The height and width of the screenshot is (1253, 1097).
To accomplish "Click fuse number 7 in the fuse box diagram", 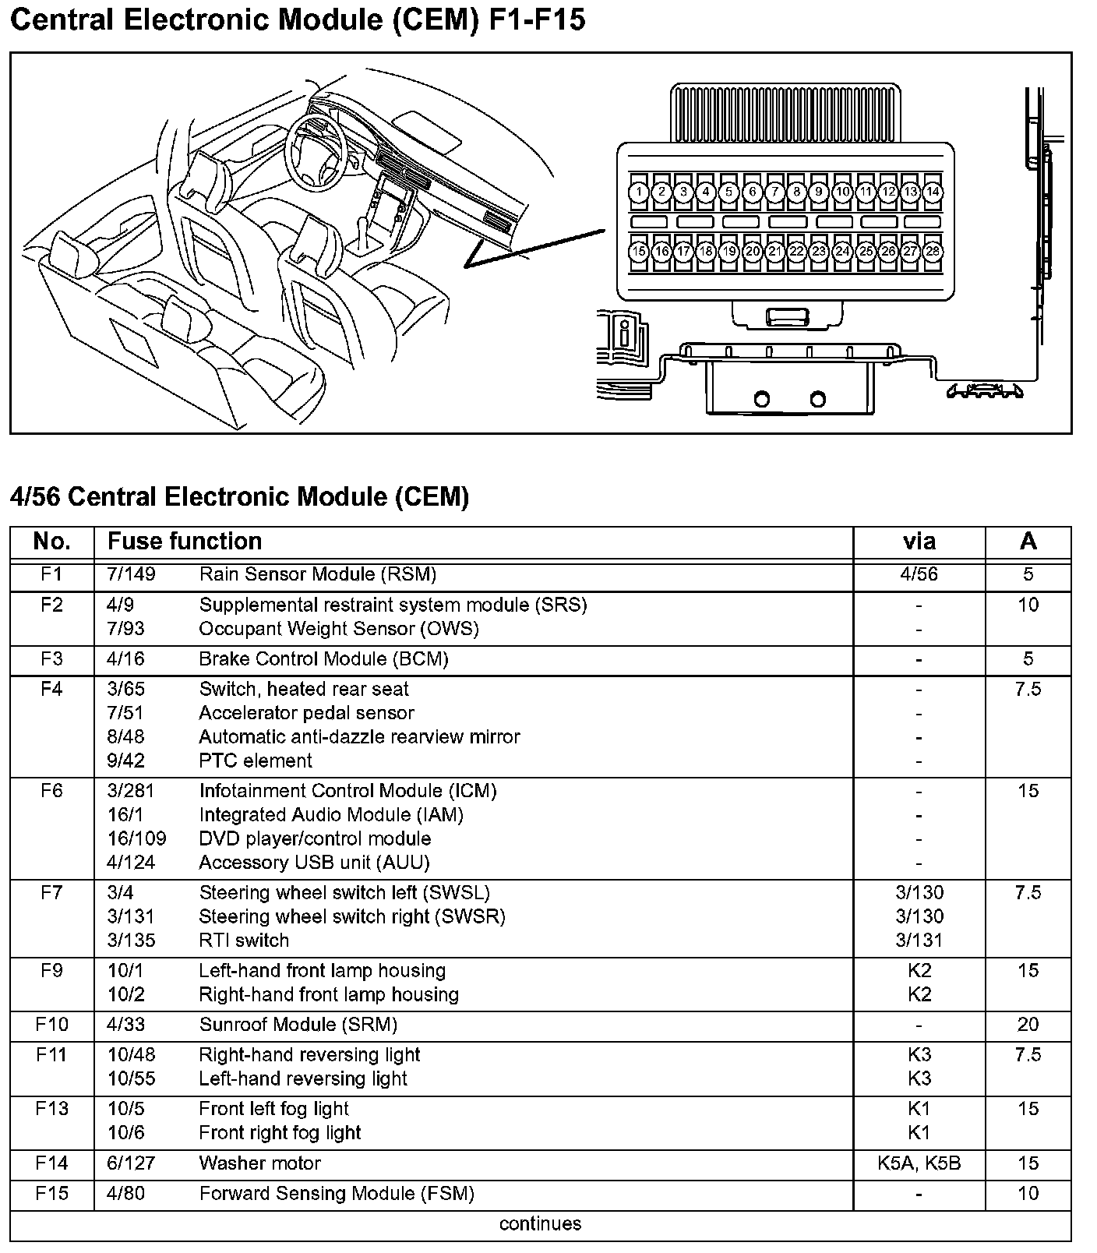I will point(774,192).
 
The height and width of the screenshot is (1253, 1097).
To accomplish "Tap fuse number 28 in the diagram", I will point(933,252).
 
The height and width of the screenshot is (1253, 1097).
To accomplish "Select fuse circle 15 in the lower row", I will point(639,252).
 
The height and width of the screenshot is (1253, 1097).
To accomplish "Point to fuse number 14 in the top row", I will point(933,192).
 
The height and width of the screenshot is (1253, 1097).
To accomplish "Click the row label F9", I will point(51,971).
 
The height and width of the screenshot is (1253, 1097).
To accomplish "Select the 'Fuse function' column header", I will point(185,542).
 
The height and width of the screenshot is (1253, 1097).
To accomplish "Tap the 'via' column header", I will point(919,542).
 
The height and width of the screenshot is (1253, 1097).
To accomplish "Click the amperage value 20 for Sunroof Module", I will point(1028,1025).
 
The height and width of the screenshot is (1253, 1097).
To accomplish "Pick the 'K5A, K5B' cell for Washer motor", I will point(919,1163).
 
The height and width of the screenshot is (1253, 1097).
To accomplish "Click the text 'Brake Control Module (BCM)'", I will point(323,659).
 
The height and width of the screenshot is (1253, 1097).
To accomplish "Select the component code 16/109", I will point(136,839).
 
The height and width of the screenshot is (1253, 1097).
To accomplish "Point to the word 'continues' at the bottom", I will point(540,1223).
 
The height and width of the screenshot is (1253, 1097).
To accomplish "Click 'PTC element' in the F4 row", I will point(256,761).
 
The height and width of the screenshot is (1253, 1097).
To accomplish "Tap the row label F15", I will point(51,1194).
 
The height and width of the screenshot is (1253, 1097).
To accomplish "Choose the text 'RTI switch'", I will point(244,941).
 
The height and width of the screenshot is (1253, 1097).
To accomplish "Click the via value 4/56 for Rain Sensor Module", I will point(919,575).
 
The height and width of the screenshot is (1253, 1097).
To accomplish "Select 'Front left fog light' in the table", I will point(274,1109).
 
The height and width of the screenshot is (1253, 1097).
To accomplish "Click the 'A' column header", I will point(1028,542).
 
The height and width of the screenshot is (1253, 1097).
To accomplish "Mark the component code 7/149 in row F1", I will point(131,575).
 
